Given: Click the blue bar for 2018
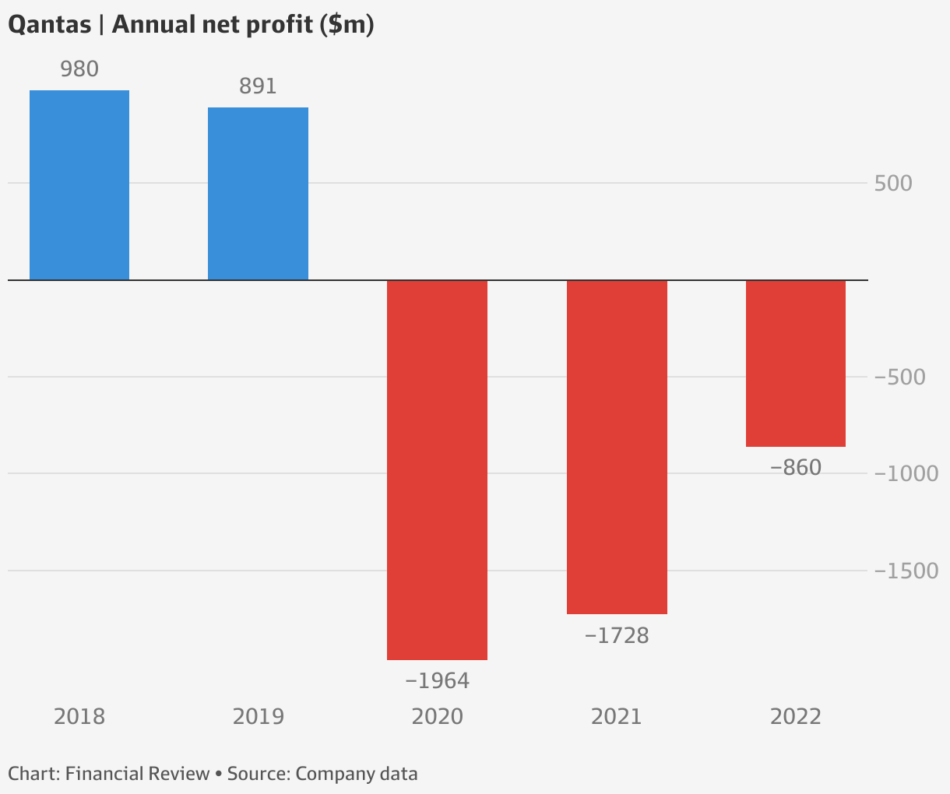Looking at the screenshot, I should [79, 185].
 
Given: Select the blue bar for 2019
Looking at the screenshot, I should [258, 194].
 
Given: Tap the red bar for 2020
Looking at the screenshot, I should [437, 469].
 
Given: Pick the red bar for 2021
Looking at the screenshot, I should [617, 447].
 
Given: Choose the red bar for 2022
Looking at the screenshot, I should [795, 363].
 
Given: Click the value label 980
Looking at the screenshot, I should [79, 69].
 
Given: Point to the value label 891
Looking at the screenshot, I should [258, 86].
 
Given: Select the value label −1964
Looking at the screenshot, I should [437, 681].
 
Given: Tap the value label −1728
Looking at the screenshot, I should [616, 636].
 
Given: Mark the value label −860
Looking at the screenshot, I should [795, 469].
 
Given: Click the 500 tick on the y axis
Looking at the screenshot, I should [893, 184].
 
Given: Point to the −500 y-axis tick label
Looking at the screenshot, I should [899, 378].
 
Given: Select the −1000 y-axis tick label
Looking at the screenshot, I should [906, 474].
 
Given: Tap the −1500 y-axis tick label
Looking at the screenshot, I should [906, 571].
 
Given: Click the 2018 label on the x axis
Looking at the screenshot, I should [79, 717].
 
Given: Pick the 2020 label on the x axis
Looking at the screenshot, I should [437, 717].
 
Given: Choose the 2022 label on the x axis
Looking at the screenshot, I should [795, 717].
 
